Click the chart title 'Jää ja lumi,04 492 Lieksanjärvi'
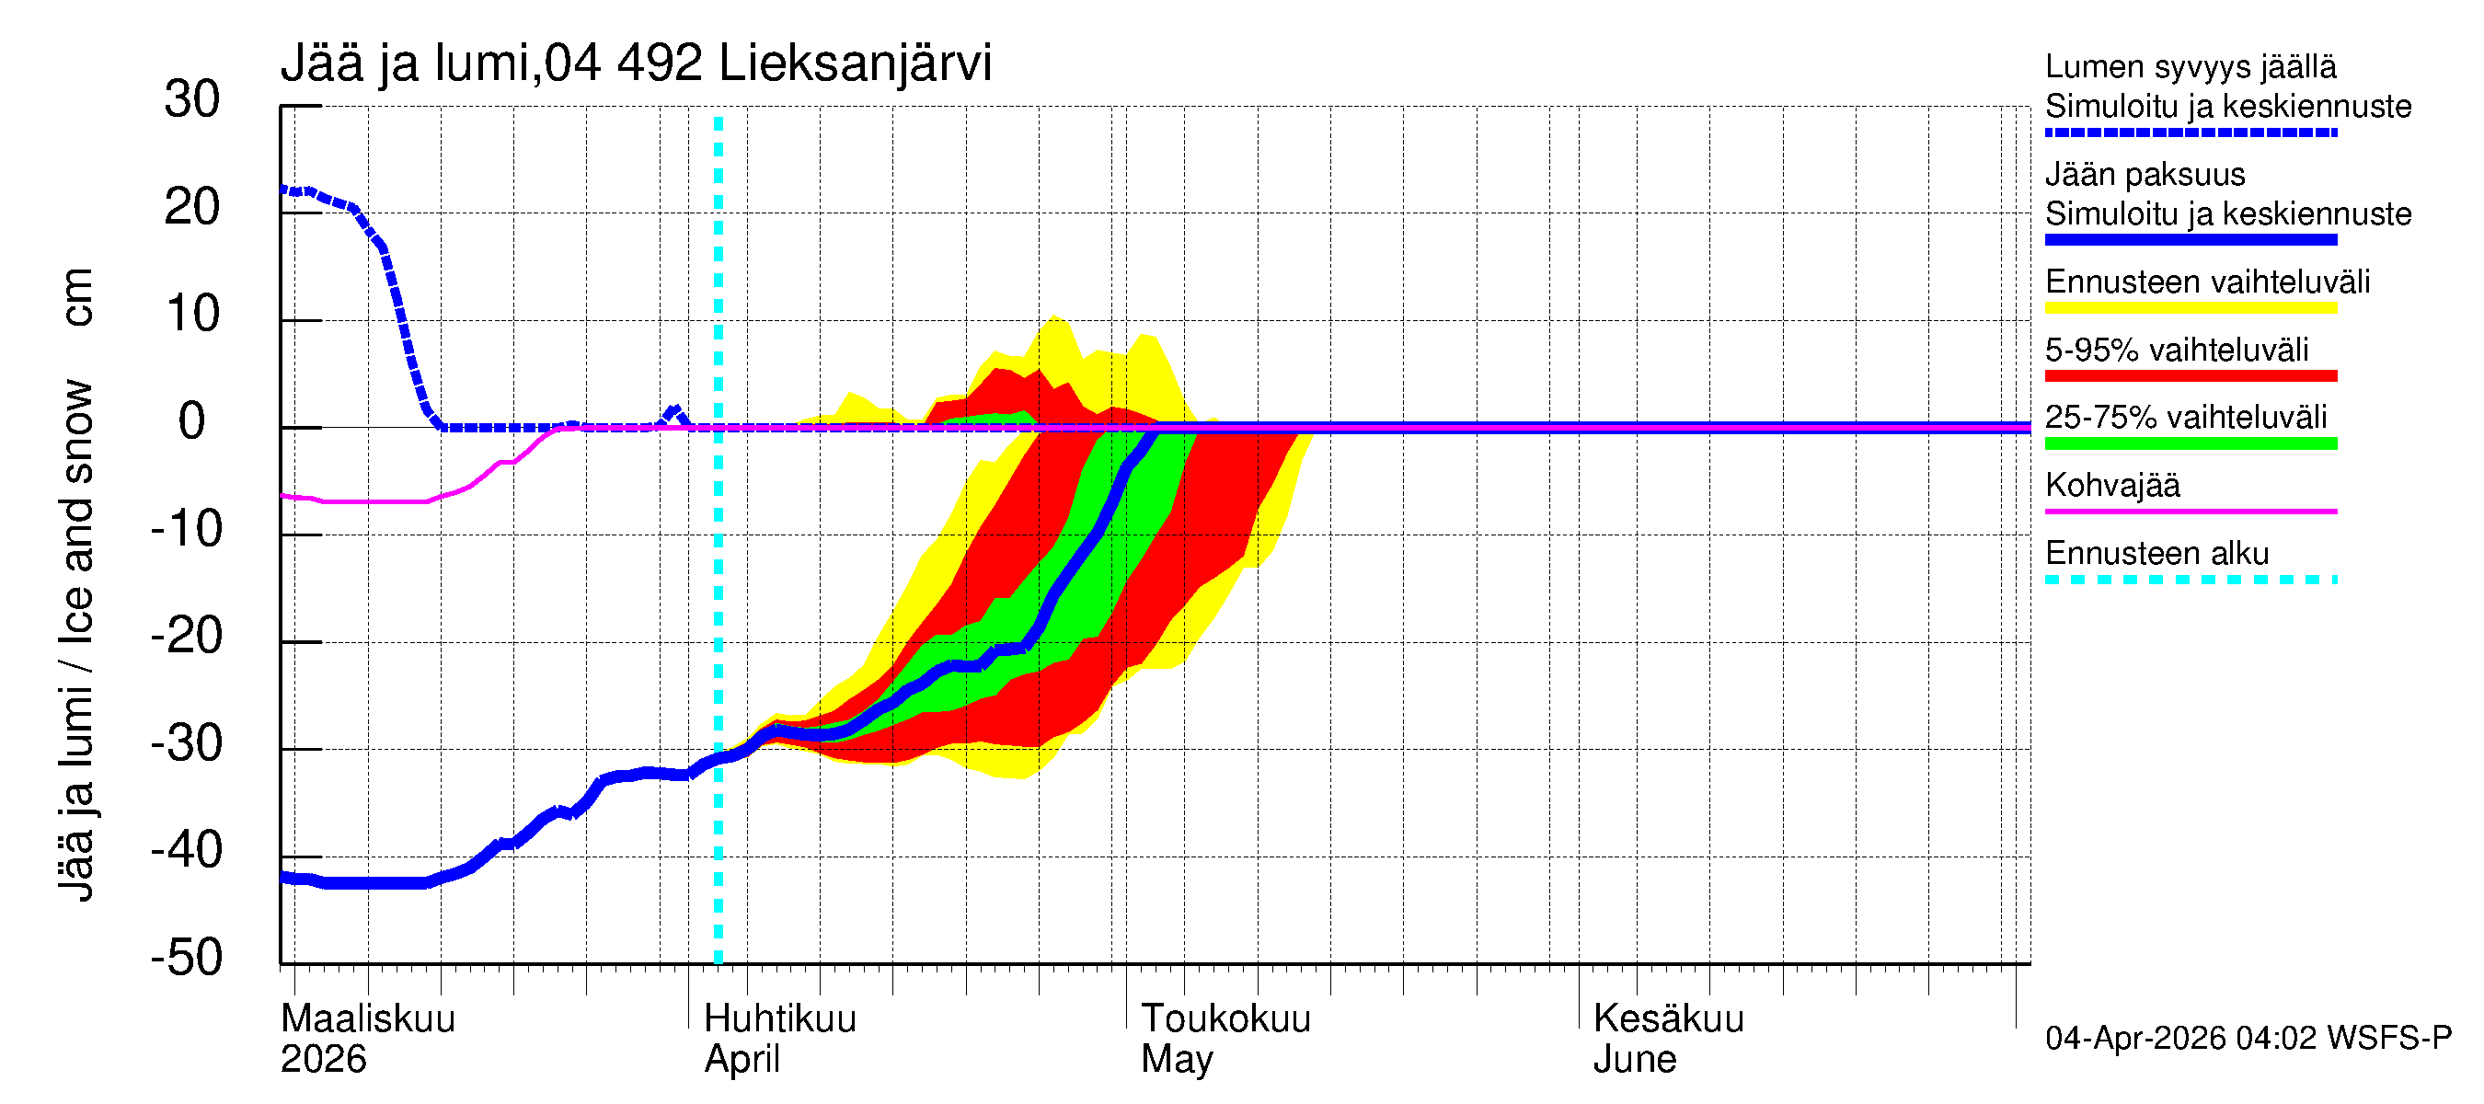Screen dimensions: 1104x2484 pos(636,63)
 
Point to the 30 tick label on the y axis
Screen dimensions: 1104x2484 pos(192,99)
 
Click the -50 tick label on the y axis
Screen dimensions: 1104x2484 pos(186,958)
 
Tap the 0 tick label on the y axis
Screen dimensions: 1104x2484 pos(192,421)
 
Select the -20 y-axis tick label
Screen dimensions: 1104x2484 pos(186,637)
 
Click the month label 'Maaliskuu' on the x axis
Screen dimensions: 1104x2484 pos(367,1018)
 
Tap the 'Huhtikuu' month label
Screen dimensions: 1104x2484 pos(780,1018)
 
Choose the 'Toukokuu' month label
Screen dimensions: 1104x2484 pos(1225,1018)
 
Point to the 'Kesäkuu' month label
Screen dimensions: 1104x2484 pos(1668,1018)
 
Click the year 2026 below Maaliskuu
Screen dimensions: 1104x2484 pos(323,1060)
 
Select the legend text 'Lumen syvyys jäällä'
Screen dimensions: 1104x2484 pos(2191,66)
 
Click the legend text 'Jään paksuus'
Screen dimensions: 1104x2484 pos(2145,175)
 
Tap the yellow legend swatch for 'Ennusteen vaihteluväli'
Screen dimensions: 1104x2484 pos(2191,308)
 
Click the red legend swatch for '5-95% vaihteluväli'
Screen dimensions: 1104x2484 pos(2191,376)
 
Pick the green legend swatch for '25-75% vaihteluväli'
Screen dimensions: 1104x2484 pos(2191,443)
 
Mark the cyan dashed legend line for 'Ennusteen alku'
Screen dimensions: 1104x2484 pos(2191,580)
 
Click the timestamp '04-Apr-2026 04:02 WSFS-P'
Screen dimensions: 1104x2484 pos(2248,1039)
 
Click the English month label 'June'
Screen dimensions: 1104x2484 pos(1635,1060)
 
